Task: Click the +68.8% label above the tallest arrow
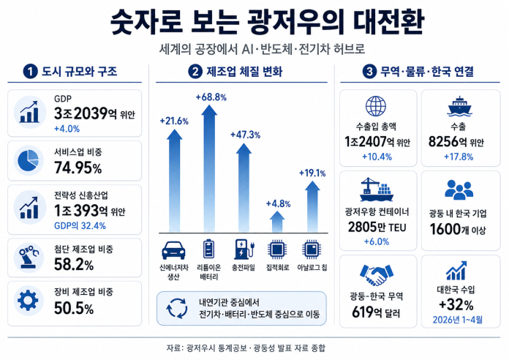[211, 97]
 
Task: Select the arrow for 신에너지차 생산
[174, 180]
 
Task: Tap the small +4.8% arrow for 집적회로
[277, 222]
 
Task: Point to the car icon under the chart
[173, 250]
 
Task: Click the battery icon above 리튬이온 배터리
[208, 250]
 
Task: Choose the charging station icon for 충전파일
[244, 250]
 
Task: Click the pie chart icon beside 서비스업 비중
[29, 160]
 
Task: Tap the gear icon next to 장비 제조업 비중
[28, 300]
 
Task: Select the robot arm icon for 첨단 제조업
[29, 258]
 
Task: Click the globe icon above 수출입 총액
[376, 106]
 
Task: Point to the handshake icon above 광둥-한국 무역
[377, 275]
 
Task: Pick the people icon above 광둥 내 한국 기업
[459, 190]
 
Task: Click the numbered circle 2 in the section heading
[195, 72]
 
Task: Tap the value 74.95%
[78, 168]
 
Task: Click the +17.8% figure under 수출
[459, 157]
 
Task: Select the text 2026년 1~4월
[458, 320]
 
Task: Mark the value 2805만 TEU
[377, 227]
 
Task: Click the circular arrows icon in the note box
[176, 308]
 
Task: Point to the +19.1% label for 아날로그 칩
[312, 173]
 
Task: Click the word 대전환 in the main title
[389, 23]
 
